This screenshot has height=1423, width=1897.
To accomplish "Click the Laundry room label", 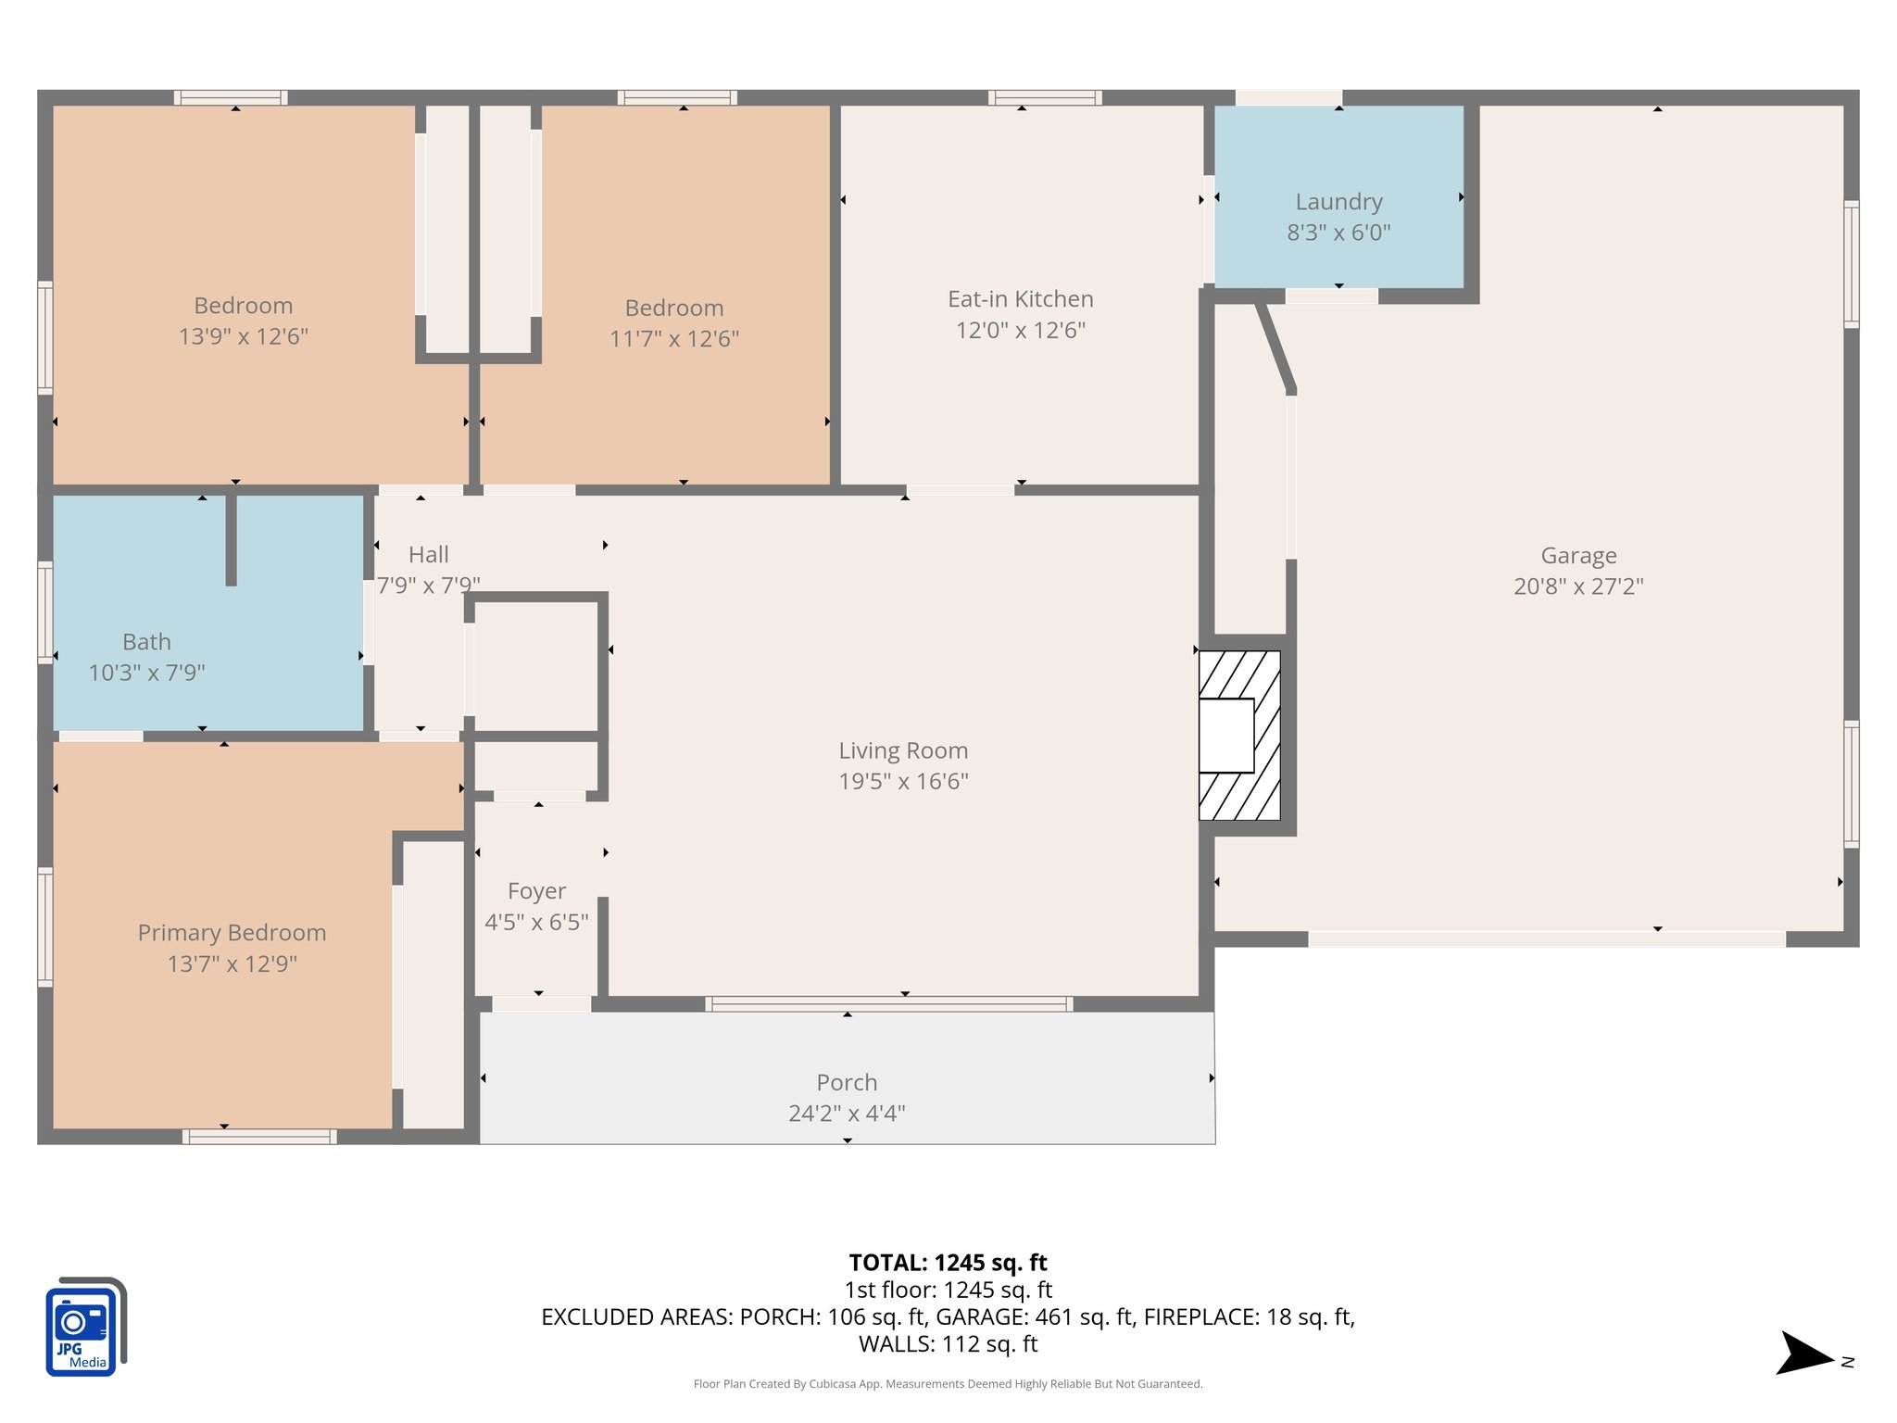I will [1338, 202].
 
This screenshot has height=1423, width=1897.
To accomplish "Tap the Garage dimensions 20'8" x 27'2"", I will [1578, 586].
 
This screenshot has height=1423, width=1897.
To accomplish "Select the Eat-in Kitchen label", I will [1020, 299].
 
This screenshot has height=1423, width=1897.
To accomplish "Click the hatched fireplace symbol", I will [1240, 736].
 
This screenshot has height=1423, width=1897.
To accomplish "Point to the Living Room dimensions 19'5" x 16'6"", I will [903, 781].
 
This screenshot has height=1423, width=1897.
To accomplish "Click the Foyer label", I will [536, 891].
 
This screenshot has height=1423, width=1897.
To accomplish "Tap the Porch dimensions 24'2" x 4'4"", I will [847, 1113].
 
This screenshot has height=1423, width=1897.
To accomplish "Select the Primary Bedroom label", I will [232, 933].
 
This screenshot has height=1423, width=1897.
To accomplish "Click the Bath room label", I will [146, 642].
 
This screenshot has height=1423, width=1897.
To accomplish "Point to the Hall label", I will [428, 555].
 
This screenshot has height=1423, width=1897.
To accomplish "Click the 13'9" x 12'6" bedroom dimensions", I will [243, 336].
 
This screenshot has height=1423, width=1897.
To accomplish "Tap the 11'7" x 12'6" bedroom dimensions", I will [673, 339].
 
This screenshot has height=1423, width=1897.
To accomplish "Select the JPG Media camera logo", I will [85, 1327].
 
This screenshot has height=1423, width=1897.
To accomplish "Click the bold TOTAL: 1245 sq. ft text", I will [948, 1263].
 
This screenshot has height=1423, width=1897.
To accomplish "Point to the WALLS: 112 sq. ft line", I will [948, 1344].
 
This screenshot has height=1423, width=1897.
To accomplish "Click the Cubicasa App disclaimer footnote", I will [948, 1384].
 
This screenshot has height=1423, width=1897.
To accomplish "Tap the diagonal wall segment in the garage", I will [1275, 347].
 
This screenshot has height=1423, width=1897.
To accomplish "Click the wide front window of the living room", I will [888, 1003].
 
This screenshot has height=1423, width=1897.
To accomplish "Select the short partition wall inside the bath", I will [231, 540].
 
